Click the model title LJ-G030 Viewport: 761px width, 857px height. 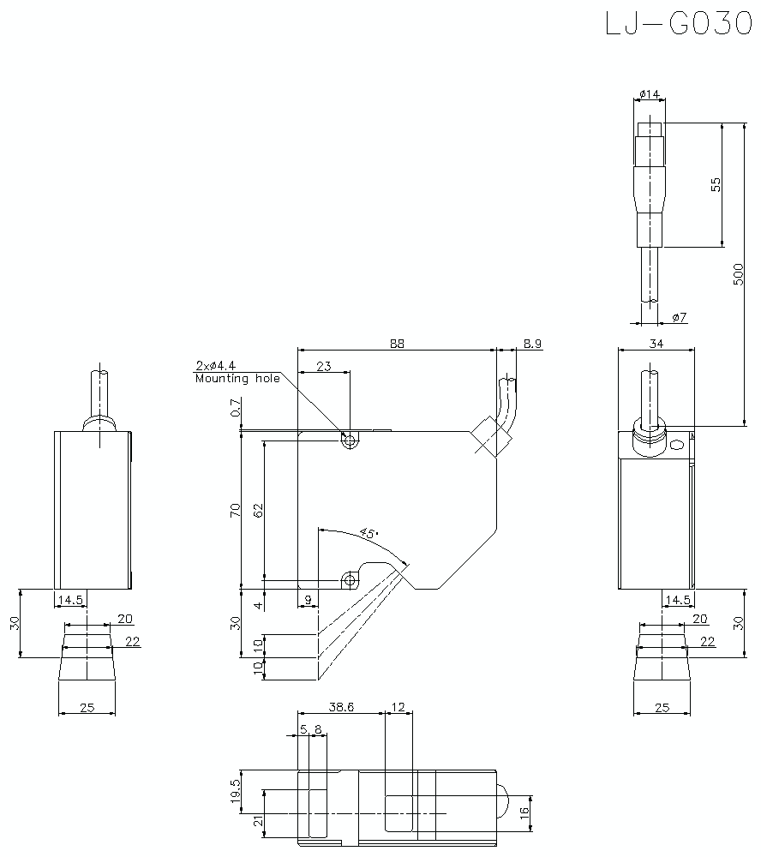pos(678,23)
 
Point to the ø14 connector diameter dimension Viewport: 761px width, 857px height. pos(650,93)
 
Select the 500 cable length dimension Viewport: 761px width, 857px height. pos(738,273)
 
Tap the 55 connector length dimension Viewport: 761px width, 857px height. pos(716,185)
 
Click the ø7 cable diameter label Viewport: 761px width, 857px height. pos(679,317)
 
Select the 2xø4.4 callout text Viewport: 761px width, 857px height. pos(215,366)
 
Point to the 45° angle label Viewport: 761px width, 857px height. pos(369,533)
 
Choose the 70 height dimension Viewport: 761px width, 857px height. pos(235,511)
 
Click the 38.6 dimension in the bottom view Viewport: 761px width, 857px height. pos(342,708)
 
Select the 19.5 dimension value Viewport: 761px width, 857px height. pos(235,788)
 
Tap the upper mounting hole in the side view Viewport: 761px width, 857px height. pos(349,440)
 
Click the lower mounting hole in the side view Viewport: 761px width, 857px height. pos(349,580)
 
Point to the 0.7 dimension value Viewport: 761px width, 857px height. pos(235,412)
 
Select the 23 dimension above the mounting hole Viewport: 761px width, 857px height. pos(323,366)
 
